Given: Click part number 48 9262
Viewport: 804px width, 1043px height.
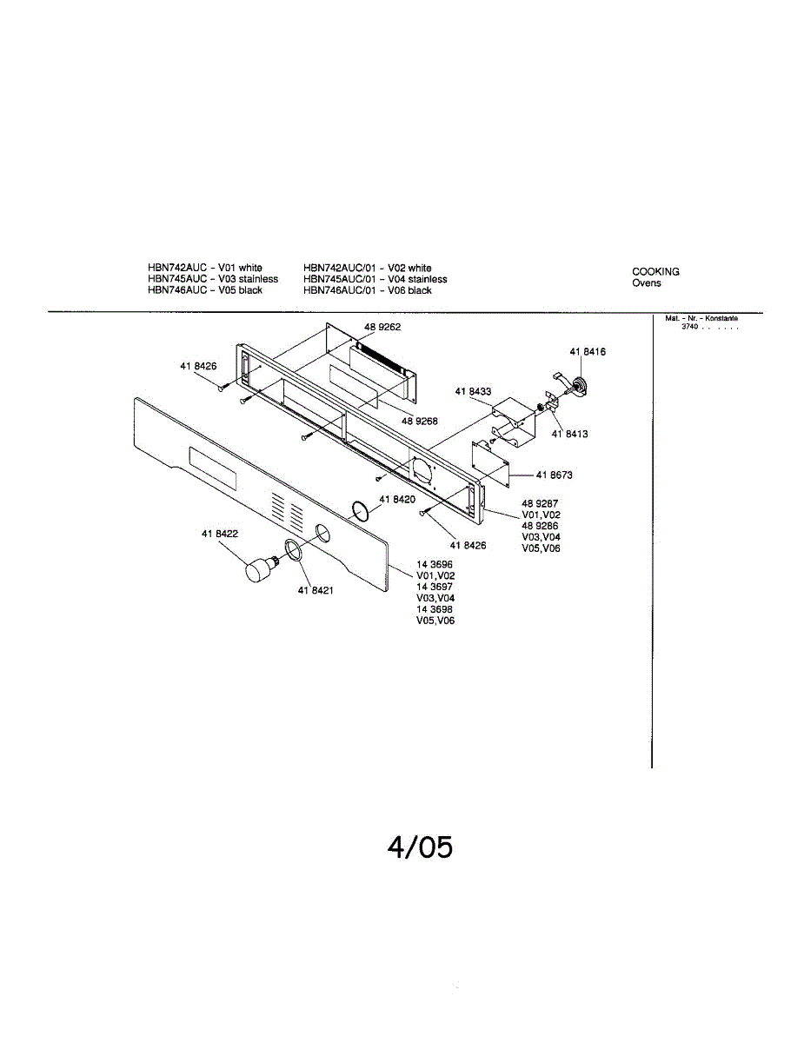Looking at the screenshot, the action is click(382, 328).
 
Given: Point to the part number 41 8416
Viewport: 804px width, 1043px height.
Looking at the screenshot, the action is click(588, 351).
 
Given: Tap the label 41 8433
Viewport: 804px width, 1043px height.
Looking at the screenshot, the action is click(473, 392).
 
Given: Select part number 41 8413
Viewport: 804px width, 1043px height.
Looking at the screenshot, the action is click(569, 434).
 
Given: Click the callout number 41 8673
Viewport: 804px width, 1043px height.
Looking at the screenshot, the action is click(554, 475).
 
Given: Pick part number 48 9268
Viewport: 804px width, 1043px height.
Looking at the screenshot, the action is click(419, 421).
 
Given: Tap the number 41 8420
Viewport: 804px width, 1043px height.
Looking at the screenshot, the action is click(397, 500).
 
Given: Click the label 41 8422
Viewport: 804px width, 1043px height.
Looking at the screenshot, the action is click(220, 534).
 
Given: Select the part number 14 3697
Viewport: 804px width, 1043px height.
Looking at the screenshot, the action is click(435, 588).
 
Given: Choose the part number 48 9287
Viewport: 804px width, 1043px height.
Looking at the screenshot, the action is click(540, 504).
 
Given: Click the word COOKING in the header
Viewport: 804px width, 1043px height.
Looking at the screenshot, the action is click(655, 272).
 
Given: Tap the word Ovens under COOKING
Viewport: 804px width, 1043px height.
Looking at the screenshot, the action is click(646, 283).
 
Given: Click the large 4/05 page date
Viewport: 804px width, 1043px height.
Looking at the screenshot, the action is click(420, 847).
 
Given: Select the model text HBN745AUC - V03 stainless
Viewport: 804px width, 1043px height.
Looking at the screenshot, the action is click(213, 279).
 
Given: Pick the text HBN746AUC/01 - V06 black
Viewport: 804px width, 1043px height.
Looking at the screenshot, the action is click(367, 290).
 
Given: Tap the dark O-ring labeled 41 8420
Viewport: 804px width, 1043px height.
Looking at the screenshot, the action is click(361, 508).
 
